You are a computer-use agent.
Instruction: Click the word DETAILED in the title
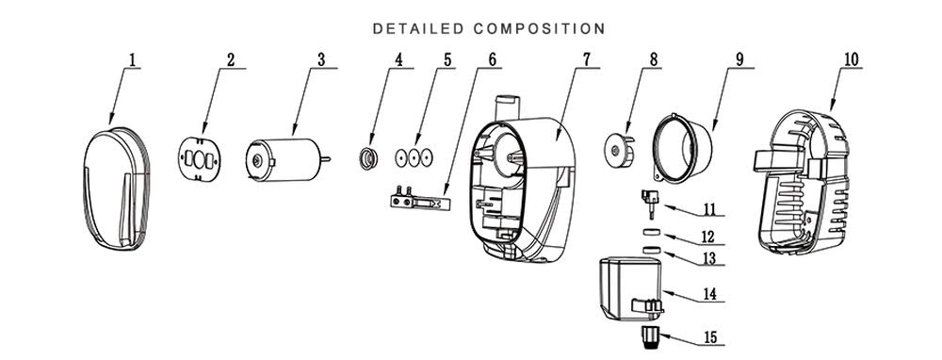tap(418, 29)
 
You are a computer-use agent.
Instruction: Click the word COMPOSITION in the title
tap(539, 29)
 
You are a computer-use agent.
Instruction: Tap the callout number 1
tap(133, 60)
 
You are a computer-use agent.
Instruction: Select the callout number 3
tap(321, 60)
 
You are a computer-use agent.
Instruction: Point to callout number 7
tap(586, 59)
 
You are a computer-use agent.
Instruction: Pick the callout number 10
tap(852, 59)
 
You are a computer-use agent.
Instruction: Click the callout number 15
tap(710, 337)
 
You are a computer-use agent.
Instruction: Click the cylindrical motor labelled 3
tap(284, 160)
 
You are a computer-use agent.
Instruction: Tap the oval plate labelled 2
tap(200, 159)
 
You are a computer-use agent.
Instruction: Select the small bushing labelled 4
tap(368, 158)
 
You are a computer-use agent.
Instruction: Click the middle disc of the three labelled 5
tap(414, 158)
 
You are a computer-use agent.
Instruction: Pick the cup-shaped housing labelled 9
tap(683, 146)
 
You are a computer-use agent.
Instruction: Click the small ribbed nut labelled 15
tap(648, 337)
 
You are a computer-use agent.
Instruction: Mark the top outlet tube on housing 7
tap(506, 107)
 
